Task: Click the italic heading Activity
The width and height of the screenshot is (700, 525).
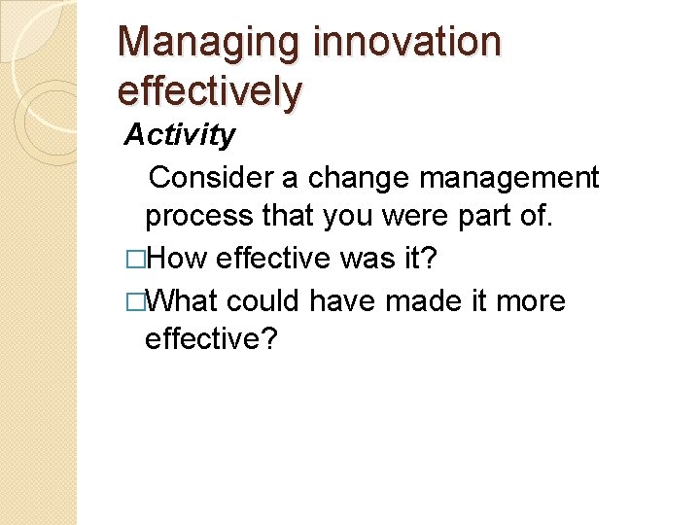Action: point(180,135)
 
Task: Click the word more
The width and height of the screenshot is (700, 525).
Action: point(530,301)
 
